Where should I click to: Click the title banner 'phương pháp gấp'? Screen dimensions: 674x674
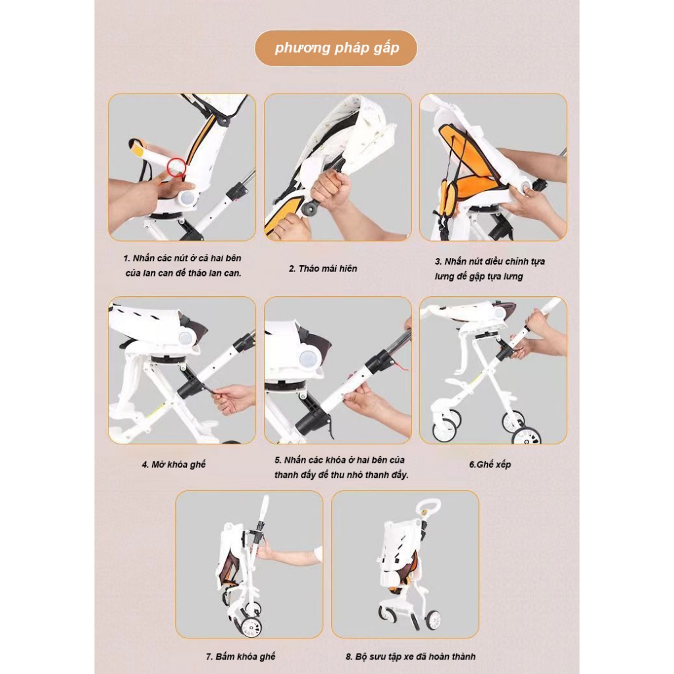[x=336, y=48]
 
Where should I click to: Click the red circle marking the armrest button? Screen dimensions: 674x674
[x=176, y=167]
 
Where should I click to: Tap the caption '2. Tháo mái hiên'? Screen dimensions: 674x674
[x=323, y=269]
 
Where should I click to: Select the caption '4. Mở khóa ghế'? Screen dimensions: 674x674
[x=174, y=464]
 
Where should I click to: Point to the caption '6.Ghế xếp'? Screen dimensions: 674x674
[x=490, y=464]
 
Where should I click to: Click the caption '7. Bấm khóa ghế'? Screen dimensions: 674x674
[x=241, y=656]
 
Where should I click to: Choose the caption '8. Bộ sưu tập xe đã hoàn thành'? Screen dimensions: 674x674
[x=411, y=656]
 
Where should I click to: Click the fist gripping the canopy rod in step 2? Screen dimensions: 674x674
[x=330, y=188]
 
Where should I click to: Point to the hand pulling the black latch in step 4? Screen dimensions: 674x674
[x=234, y=398]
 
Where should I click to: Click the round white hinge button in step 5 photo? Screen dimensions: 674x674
[x=307, y=357]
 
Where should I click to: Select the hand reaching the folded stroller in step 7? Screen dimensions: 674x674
[x=288, y=554]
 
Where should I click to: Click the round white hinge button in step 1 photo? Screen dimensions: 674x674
[x=187, y=198]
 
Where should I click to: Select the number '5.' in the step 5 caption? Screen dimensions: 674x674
[x=278, y=460]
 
